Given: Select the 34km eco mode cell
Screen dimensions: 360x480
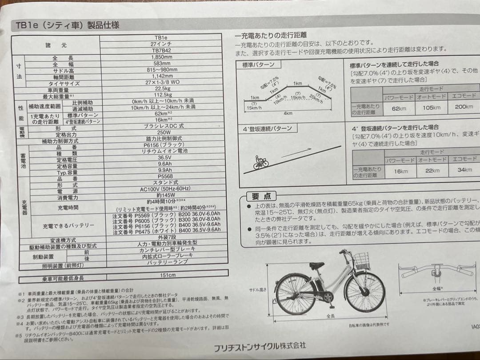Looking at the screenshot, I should click(464, 170).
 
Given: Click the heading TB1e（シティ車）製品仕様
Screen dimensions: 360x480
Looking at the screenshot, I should click(68, 25).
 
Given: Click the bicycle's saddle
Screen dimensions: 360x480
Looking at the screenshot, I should click(316, 266).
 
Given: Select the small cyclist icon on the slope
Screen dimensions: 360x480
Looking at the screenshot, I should click(260, 163).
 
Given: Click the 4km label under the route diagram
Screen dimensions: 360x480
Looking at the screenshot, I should click(288, 113).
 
